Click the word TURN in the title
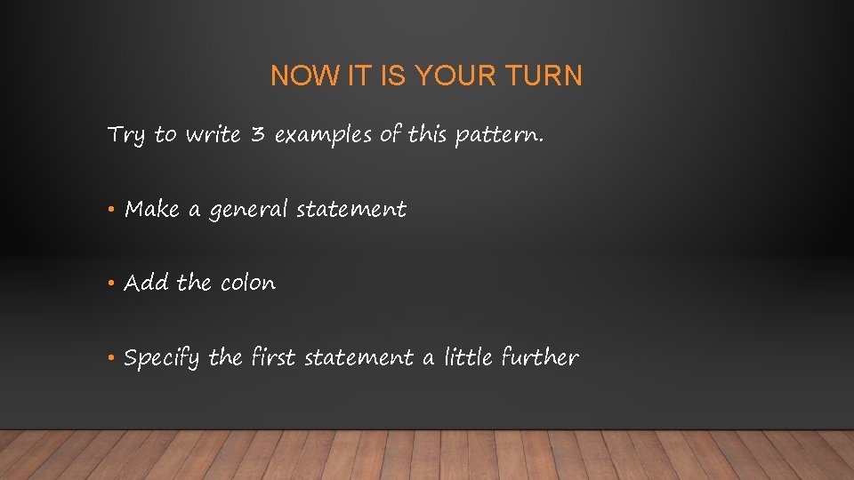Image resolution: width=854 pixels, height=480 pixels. point(546,76)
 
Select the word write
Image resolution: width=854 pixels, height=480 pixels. point(213,135)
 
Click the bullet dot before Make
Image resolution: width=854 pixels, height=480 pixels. point(111,211)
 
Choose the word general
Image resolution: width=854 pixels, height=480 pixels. point(248,211)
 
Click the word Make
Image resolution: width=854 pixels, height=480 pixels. point(152,210)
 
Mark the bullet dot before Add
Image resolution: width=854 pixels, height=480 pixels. point(111,284)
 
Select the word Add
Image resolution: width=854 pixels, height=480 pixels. point(147,284)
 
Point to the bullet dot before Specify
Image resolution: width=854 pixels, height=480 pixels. point(111,358)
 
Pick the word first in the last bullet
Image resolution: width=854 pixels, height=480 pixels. point(273,357)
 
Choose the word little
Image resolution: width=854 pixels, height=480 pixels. point(468,357)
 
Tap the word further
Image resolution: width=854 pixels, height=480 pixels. point(540,357)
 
